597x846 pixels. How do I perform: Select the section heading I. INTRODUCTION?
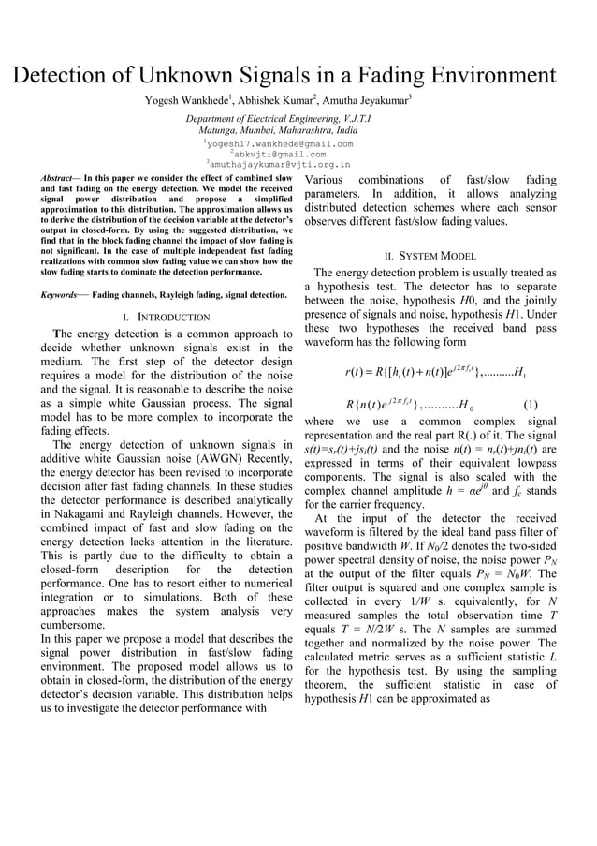[x=167, y=318]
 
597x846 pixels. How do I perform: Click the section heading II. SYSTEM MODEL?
[x=430, y=256]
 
